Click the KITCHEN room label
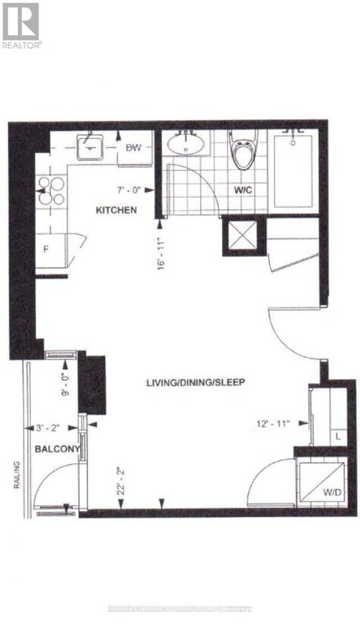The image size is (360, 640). click(x=116, y=209)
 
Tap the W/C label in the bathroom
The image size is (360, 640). click(x=243, y=190)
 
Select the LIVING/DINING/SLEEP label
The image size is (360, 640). click(x=196, y=382)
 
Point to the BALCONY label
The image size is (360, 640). click(x=57, y=450)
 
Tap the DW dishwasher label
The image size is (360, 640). click(x=134, y=148)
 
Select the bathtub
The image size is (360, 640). click(x=293, y=170)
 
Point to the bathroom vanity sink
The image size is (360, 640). click(x=186, y=143)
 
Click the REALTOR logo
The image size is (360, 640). click(x=21, y=25)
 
